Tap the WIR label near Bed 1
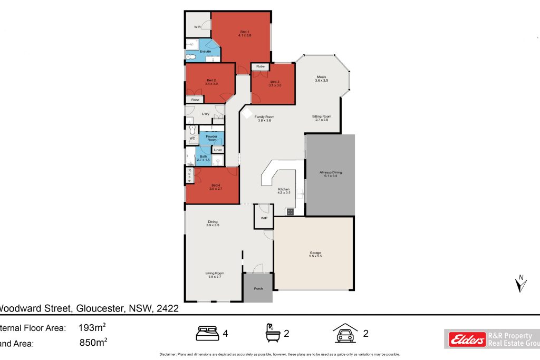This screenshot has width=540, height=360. (197, 26)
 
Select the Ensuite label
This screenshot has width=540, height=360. (206, 51)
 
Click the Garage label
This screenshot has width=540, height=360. (315, 254)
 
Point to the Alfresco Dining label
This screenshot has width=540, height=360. (331, 173)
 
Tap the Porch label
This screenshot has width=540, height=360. (258, 288)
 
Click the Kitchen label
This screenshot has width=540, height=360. (284, 190)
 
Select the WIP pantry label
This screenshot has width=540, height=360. (264, 217)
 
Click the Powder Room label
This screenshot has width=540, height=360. (211, 138)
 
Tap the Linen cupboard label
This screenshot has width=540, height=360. (217, 150)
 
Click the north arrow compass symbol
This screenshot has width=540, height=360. (520, 284)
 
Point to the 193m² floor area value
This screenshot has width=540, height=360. (93, 327)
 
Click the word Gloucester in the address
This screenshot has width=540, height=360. (100, 308)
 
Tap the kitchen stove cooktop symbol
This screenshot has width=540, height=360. (290, 211)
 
